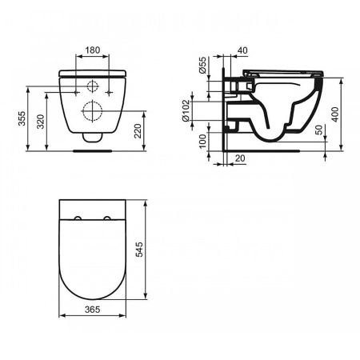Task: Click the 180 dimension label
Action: pyautogui.click(x=93, y=50)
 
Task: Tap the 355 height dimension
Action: pyautogui.click(x=22, y=118)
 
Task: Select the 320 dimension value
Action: pyautogui.click(x=41, y=122)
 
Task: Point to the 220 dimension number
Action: pyautogui.click(x=138, y=130)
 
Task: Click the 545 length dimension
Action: pyautogui.click(x=139, y=250)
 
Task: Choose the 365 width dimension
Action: pyautogui.click(x=93, y=310)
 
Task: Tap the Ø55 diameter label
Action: pyautogui.click(x=202, y=65)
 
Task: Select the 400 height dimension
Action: pyautogui.click(x=335, y=114)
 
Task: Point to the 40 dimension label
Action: pyautogui.click(x=242, y=50)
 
